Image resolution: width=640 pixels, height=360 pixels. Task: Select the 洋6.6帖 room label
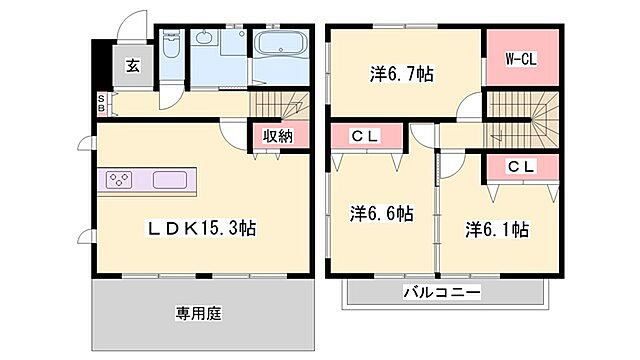(381, 213)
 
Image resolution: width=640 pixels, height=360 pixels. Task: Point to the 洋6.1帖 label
(496, 229)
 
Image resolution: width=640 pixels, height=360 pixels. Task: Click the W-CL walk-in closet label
(520, 59)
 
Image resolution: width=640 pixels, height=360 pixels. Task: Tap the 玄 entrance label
(132, 66)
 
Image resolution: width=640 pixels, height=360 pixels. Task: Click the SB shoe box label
(101, 103)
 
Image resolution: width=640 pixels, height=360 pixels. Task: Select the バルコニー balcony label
(442, 293)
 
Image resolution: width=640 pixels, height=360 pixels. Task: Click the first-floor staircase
(282, 103)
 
